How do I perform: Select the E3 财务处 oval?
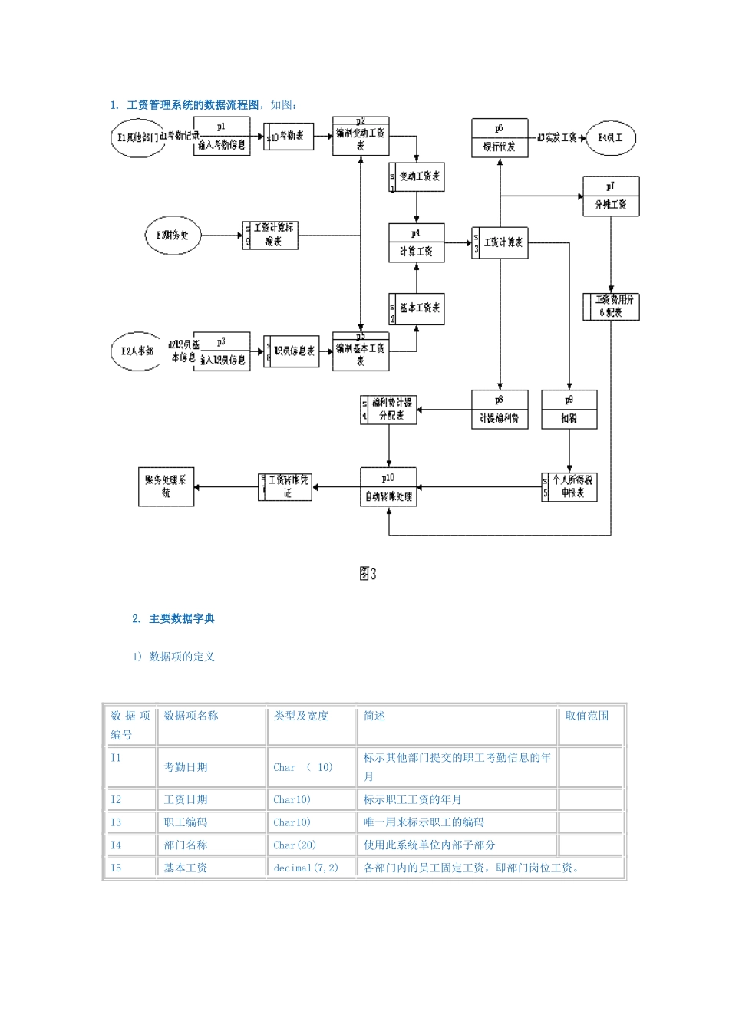click(173, 236)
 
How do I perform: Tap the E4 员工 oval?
click(611, 138)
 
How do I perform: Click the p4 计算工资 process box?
click(416, 243)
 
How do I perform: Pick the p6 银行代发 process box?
click(500, 138)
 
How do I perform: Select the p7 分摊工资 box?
click(611, 196)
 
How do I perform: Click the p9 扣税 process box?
click(569, 410)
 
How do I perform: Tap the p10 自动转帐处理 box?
click(388, 488)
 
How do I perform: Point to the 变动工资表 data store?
click(417, 176)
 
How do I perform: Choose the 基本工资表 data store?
click(417, 308)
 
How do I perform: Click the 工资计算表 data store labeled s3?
click(500, 242)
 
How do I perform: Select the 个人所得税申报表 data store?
click(569, 486)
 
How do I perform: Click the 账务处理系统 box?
click(166, 486)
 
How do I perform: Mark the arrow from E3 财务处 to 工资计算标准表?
click(221, 236)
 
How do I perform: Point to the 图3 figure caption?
click(368, 574)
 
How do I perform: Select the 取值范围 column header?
click(586, 716)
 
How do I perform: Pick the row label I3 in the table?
click(116, 822)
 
